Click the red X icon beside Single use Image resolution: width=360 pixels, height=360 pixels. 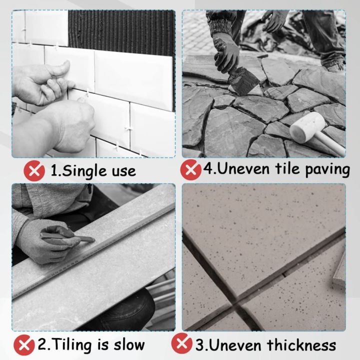click(34, 171)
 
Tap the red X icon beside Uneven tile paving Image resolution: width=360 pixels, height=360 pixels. click(191, 169)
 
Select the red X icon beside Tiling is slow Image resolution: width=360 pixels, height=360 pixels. click(24, 345)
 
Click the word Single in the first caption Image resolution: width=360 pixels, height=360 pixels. click(81, 171)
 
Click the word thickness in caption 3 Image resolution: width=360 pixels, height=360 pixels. click(300, 344)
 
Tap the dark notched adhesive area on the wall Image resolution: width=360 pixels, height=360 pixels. click(120, 30)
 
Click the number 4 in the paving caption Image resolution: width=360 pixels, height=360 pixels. click(208, 169)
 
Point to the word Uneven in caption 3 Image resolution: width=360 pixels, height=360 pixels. click(229, 344)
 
